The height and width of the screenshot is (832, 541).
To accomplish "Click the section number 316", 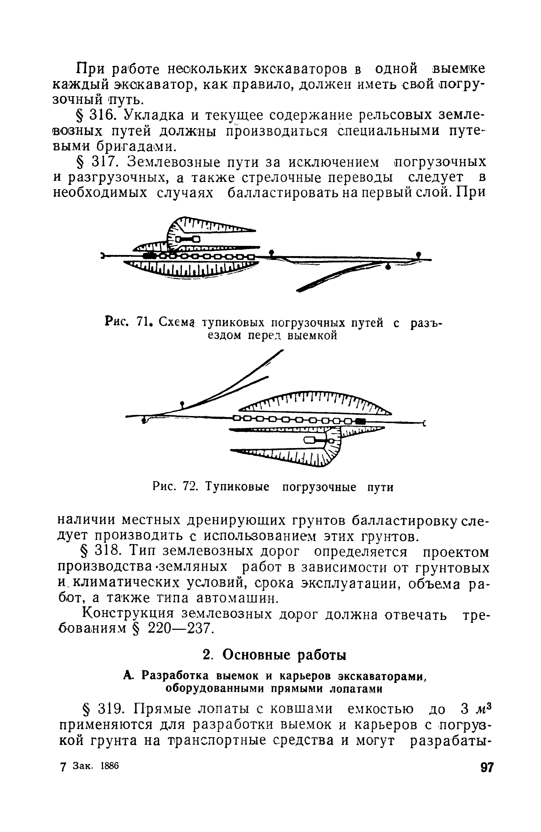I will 103,116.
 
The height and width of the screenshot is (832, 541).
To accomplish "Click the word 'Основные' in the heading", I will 258,655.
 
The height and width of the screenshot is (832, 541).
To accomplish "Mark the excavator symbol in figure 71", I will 187,240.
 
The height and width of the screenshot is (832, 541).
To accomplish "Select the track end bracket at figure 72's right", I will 424,423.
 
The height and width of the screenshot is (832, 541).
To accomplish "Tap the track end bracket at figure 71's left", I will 102,255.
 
